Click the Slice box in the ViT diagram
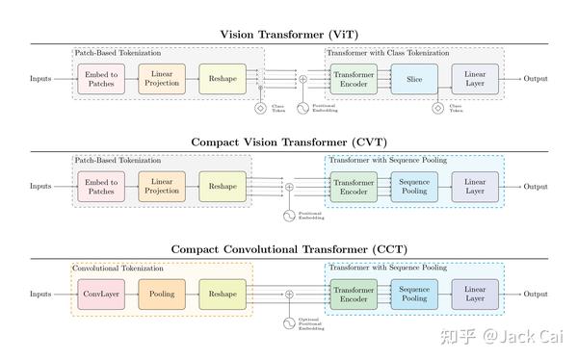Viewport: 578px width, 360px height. tap(414, 78)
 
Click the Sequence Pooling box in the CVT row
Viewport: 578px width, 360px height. tap(414, 186)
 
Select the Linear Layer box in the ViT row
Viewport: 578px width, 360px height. tap(475, 78)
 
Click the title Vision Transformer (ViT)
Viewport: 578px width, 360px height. tap(289, 34)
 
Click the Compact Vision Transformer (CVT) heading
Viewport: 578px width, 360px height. tap(289, 141)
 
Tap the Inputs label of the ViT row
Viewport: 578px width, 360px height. tap(40, 78)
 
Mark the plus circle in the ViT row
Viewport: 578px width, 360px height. tap(302, 78)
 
